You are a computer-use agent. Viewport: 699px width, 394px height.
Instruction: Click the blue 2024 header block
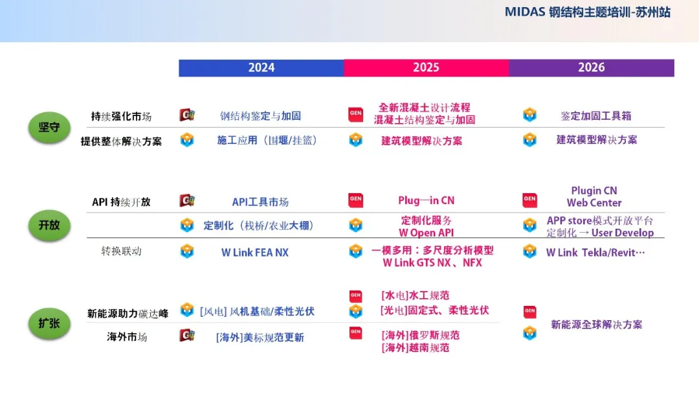pyautogui.click(x=261, y=68)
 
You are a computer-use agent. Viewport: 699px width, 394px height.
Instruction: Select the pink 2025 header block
pyautogui.click(x=426, y=68)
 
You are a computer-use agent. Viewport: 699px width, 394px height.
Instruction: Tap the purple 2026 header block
pyautogui.click(x=592, y=68)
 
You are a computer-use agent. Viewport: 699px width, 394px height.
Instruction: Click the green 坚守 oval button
pyautogui.click(x=49, y=128)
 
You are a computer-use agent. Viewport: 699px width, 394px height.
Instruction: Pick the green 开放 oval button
pyautogui.click(x=49, y=226)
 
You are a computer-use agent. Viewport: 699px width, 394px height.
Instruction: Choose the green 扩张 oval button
pyautogui.click(x=49, y=323)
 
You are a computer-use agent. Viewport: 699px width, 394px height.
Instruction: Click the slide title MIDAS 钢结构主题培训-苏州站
pyautogui.click(x=588, y=12)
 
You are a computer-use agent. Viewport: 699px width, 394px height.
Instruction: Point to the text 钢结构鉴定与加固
pyautogui.click(x=260, y=116)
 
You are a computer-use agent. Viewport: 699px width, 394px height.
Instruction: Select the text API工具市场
pyautogui.click(x=260, y=202)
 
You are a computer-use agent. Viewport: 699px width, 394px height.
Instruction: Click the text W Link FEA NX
pyautogui.click(x=255, y=253)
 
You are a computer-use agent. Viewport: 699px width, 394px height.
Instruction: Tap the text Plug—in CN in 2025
pyautogui.click(x=426, y=201)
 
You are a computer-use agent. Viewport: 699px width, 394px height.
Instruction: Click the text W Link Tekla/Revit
pyautogui.click(x=595, y=253)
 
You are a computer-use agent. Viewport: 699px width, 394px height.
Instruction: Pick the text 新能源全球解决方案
pyautogui.click(x=597, y=325)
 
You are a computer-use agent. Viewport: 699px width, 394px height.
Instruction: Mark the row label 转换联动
pyautogui.click(x=121, y=251)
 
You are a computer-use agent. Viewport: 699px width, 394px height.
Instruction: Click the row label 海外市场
pyautogui.click(x=127, y=337)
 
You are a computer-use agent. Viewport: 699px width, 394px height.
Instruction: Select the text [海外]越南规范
pyautogui.click(x=415, y=348)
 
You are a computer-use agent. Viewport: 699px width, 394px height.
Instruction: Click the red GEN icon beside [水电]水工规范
pyautogui.click(x=356, y=296)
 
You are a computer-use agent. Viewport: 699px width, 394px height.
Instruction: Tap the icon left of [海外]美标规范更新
pyautogui.click(x=187, y=335)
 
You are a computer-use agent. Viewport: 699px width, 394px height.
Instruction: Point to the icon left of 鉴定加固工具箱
pyautogui.click(x=529, y=115)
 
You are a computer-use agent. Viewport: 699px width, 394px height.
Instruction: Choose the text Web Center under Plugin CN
pyautogui.click(x=594, y=203)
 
